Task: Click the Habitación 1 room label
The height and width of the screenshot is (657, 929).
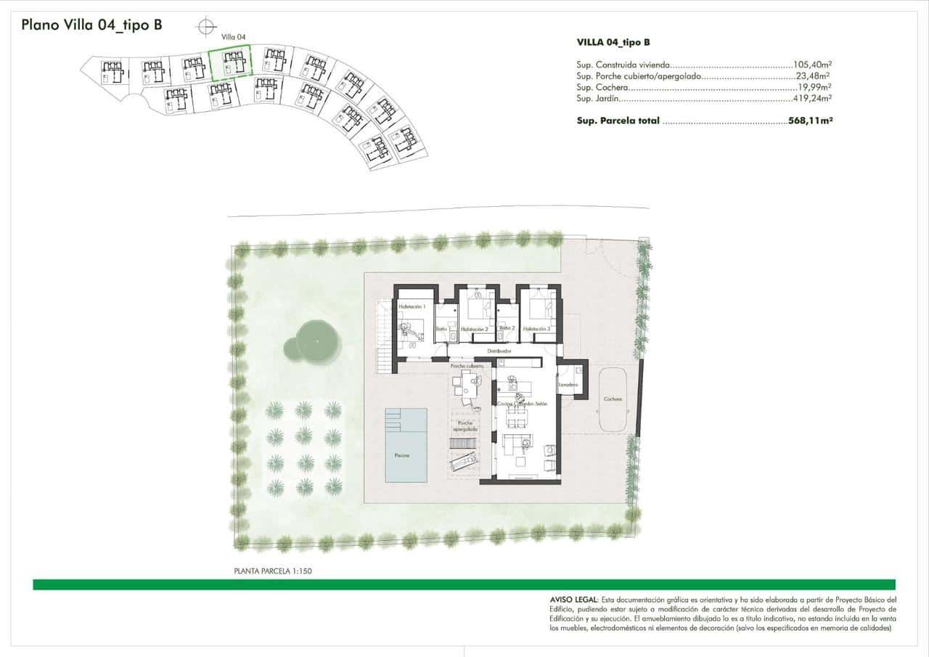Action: click(411, 307)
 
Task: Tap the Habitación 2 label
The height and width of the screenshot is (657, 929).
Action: click(472, 330)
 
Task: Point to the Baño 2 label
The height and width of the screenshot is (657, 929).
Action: click(506, 329)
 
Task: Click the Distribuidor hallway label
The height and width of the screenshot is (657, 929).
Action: click(500, 351)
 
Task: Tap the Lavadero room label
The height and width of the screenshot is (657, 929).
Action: click(568, 385)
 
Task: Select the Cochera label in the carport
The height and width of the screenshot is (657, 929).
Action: click(613, 399)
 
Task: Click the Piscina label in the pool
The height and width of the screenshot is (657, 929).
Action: click(401, 456)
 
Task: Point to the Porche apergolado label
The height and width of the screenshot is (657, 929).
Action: click(465, 425)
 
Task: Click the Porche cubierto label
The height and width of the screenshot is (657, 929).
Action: click(467, 367)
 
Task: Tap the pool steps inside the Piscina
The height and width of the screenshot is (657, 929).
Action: click(393, 419)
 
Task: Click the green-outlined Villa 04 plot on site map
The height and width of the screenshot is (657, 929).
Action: click(230, 62)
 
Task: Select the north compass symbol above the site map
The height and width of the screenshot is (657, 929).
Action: click(206, 26)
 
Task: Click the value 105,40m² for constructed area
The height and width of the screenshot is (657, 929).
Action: click(811, 65)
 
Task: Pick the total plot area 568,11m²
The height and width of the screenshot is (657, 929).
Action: click(810, 121)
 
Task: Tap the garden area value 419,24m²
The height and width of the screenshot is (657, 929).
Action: click(811, 99)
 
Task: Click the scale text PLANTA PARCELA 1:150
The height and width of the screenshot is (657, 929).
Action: click(273, 571)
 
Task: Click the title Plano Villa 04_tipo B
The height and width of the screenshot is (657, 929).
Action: click(91, 25)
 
